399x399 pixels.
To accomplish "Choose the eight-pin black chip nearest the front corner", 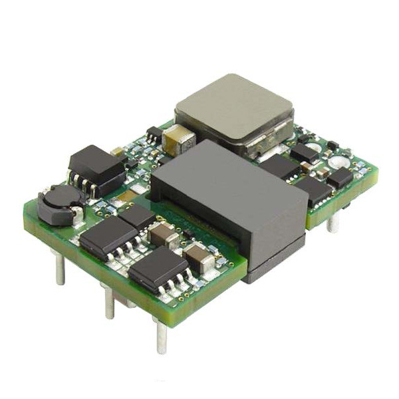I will [158, 269].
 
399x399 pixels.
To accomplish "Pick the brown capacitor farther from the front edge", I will [164, 233].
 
